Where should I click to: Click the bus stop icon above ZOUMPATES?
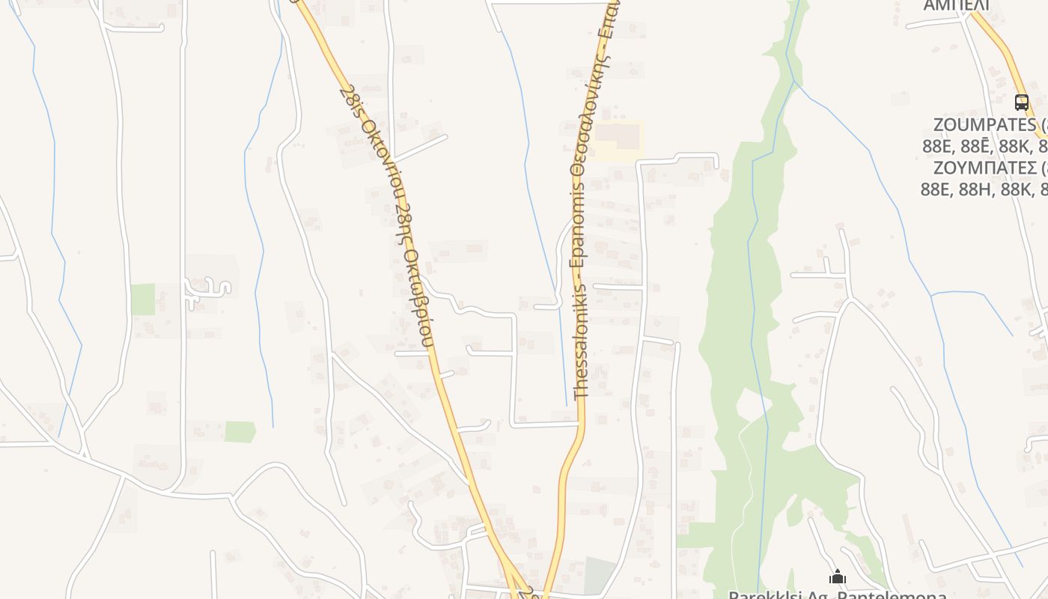[1021, 102]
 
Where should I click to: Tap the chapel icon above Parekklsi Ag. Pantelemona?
[838, 577]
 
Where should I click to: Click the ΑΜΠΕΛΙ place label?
[956, 6]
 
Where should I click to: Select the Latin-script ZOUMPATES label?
[985, 124]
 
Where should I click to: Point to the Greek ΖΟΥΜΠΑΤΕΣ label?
[985, 167]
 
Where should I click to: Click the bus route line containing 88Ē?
[984, 145]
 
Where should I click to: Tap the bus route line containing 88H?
[984, 189]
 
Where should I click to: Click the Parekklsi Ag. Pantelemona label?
[837, 595]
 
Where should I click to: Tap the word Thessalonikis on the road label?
[582, 336]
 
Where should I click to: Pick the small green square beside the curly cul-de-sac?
[143, 299]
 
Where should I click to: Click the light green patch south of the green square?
[240, 431]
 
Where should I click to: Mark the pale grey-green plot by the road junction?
[599, 575]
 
